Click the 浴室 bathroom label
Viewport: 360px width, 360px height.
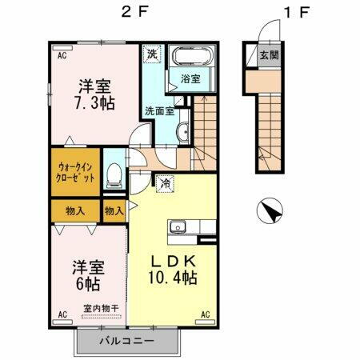(x=190, y=79)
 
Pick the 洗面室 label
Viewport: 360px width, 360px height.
(x=159, y=111)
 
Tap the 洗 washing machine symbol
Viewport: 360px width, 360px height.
(x=151, y=55)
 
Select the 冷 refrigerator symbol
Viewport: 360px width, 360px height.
(x=166, y=182)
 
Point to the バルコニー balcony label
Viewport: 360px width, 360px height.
(x=126, y=342)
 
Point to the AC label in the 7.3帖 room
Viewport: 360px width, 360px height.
(x=61, y=55)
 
